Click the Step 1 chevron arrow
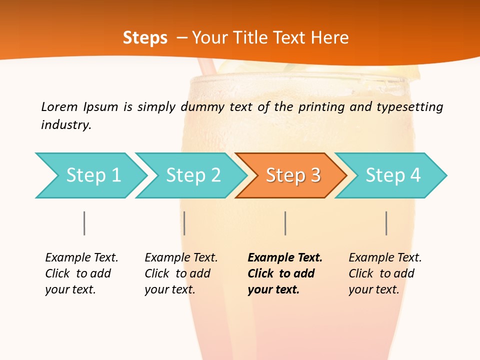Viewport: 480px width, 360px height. point(93,175)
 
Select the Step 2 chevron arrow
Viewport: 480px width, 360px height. point(193,175)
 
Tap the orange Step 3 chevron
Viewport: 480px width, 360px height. point(293,175)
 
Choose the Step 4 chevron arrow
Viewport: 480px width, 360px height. point(392,175)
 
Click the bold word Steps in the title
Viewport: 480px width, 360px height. point(145,37)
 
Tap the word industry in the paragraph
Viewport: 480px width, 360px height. point(65,124)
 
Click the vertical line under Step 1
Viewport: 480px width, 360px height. point(84,223)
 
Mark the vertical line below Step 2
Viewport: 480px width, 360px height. point(184,223)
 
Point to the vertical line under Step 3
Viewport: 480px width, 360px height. point(285,223)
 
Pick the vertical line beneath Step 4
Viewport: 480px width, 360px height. point(386,223)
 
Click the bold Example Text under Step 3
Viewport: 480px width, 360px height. point(285,258)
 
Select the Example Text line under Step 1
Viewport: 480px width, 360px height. point(81,258)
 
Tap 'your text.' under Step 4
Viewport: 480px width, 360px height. point(373,289)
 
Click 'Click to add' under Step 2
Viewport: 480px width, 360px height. point(177,273)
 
